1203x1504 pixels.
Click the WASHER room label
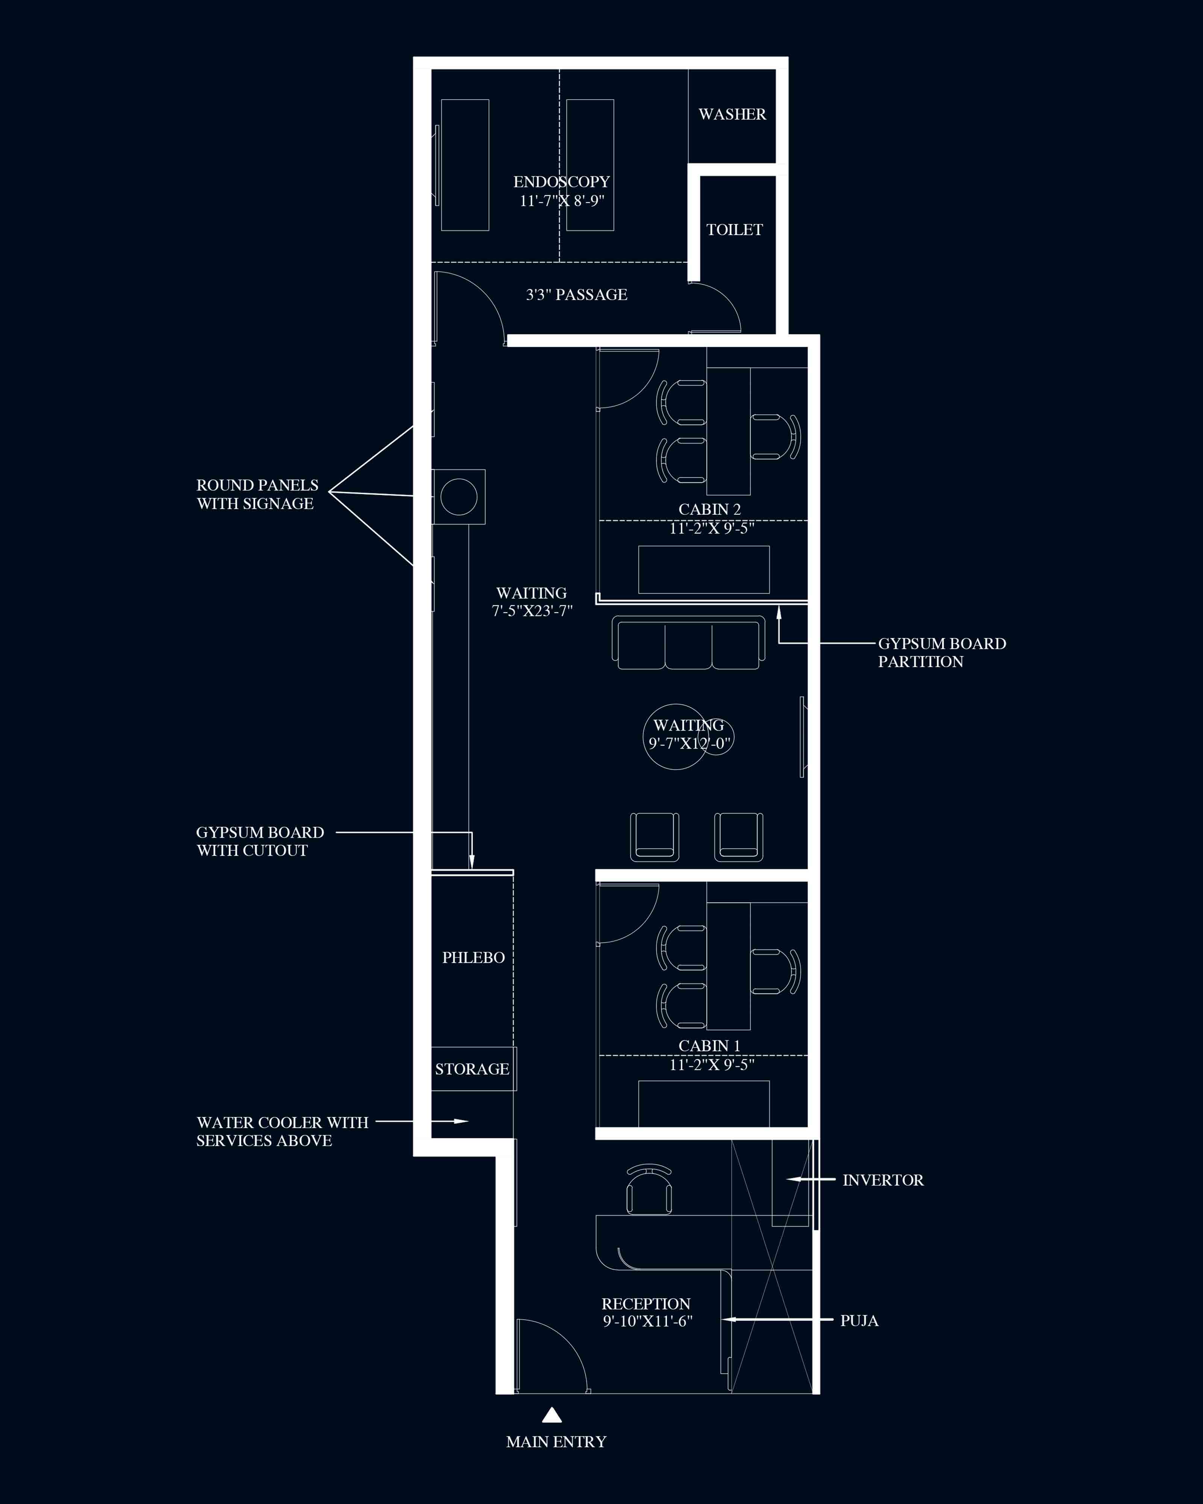[x=732, y=114]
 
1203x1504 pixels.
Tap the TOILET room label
[x=734, y=229]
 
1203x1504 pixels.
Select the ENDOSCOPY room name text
[x=561, y=182]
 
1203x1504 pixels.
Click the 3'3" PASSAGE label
[x=577, y=294]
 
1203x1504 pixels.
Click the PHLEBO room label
[x=474, y=957]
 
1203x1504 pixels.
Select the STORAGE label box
[x=473, y=1069]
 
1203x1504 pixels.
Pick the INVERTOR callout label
[x=883, y=1180]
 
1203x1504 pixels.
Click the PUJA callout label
[x=859, y=1320]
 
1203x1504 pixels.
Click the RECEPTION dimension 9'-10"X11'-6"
[x=647, y=1321]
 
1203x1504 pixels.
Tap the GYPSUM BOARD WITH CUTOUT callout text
[x=260, y=841]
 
